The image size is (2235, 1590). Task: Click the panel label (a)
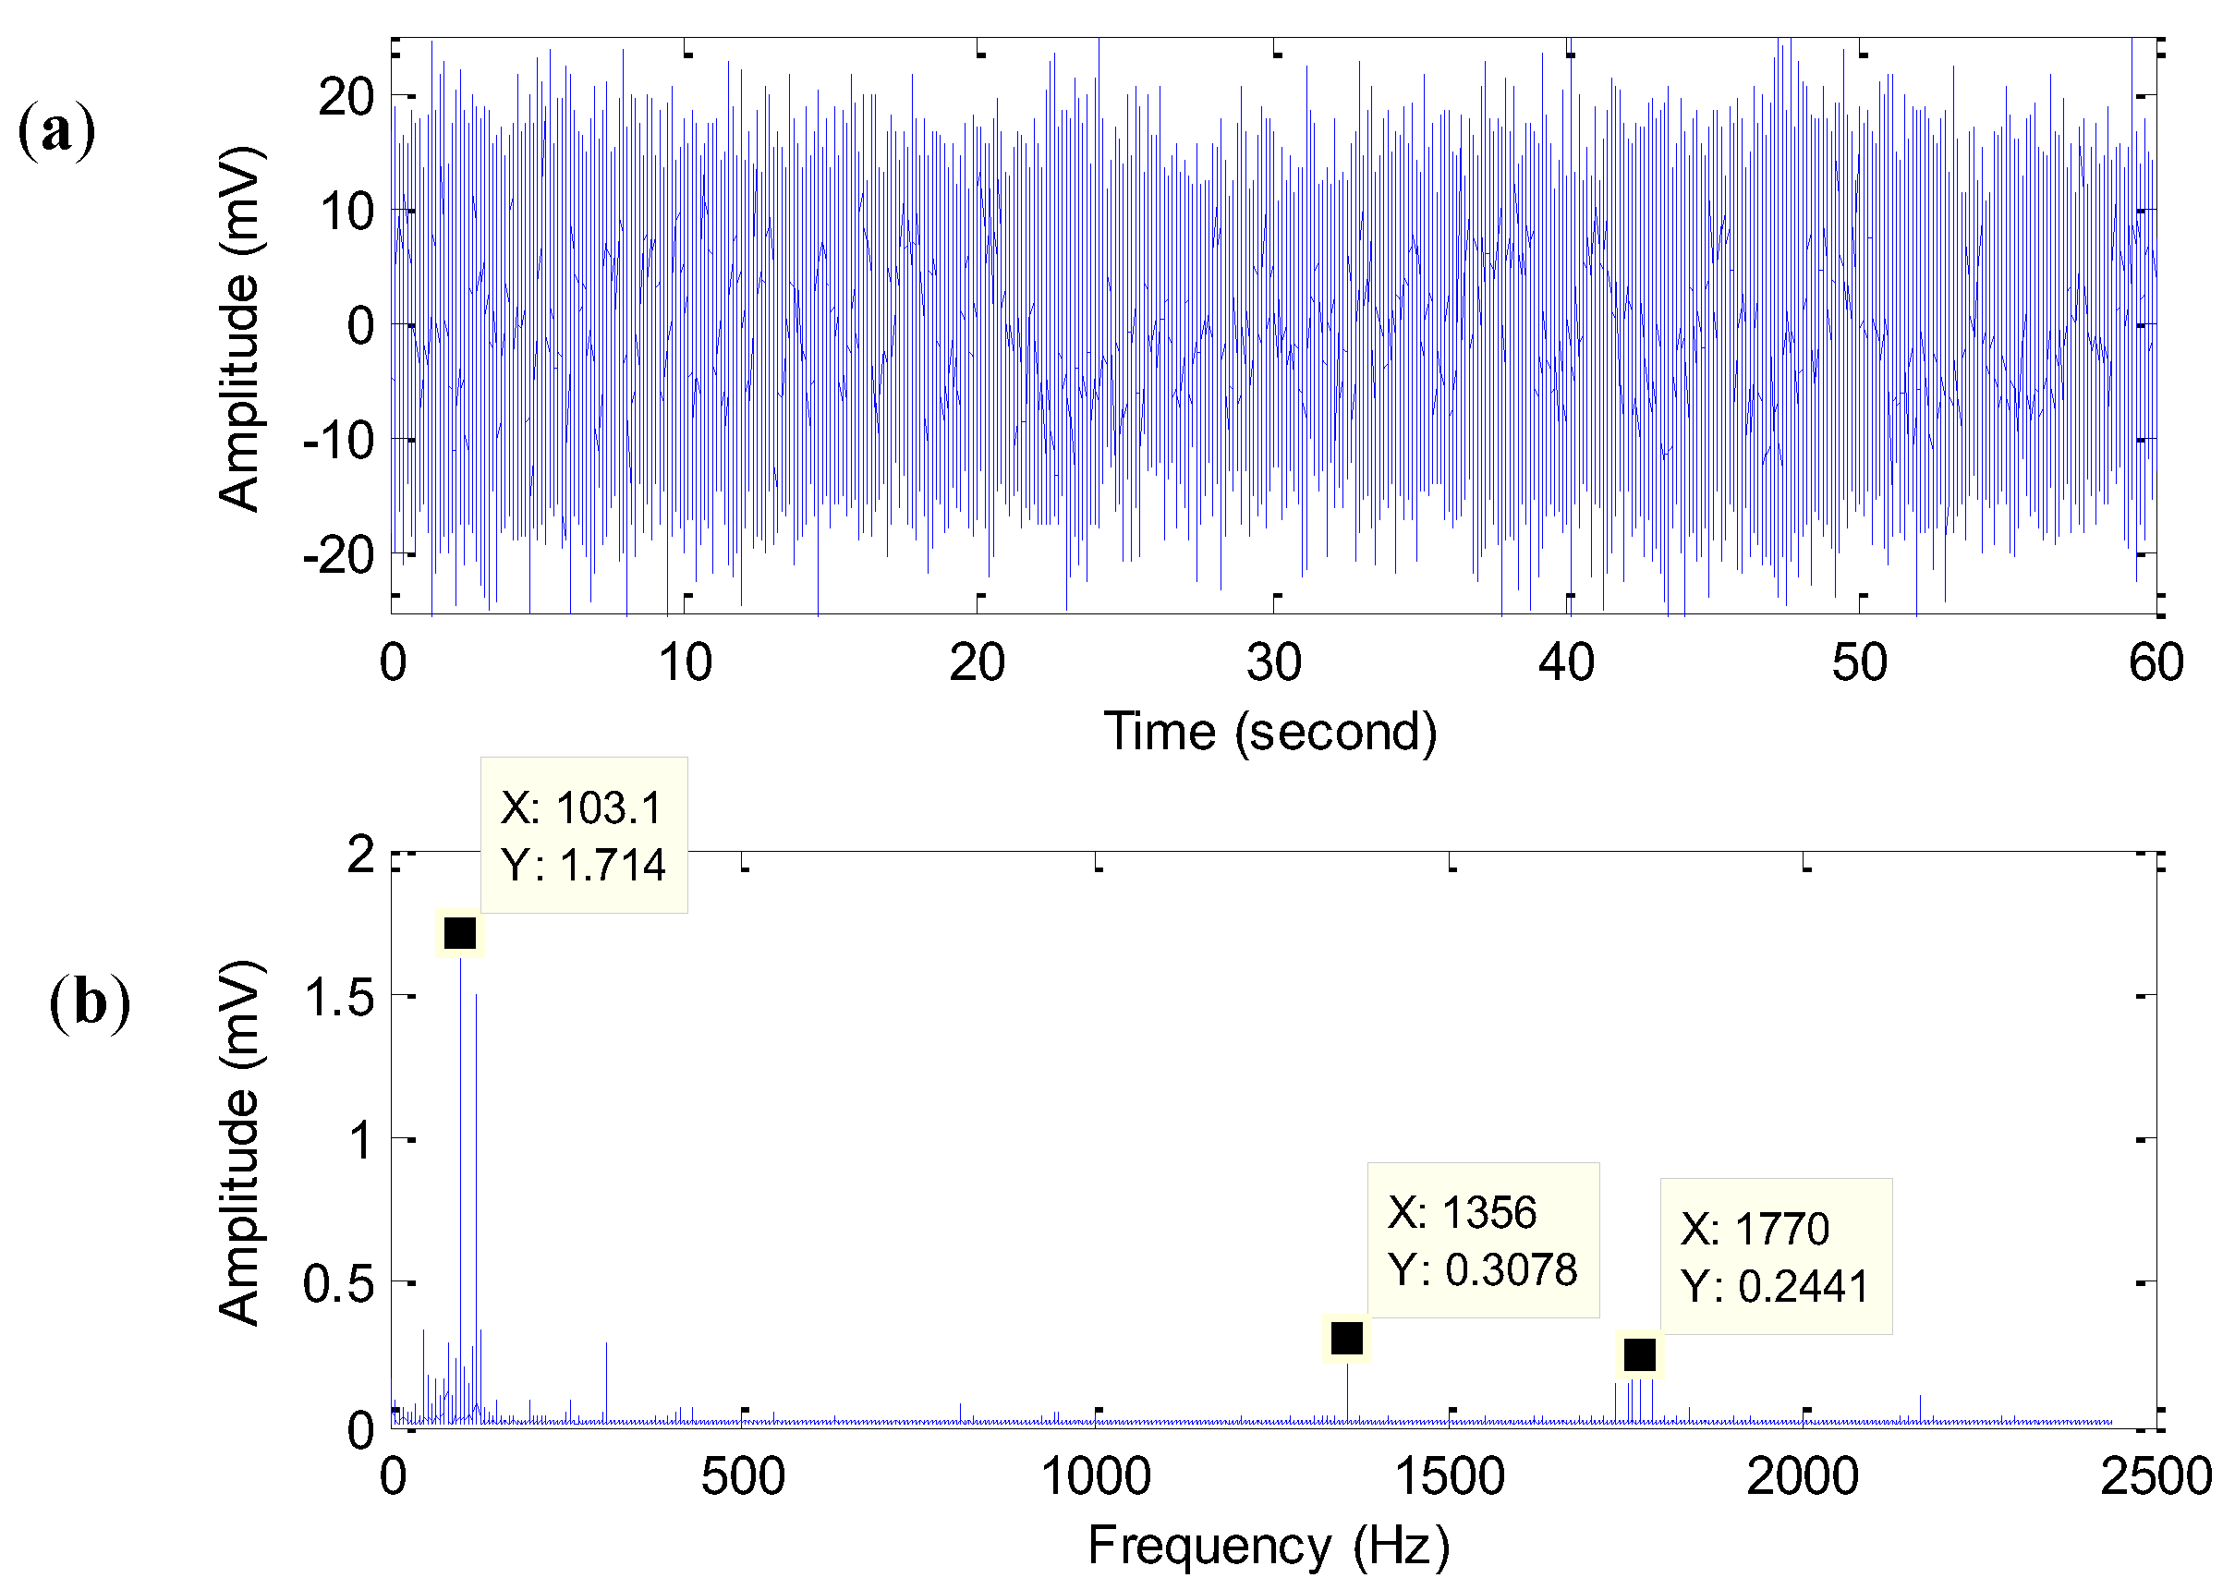coord(56,131)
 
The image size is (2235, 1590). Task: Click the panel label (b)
coord(89,1003)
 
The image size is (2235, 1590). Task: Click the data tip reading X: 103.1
coord(584,835)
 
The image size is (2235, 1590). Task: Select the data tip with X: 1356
coord(1482,1241)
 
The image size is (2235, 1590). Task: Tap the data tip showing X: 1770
coord(1775,1256)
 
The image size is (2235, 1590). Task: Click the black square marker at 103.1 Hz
coord(460,933)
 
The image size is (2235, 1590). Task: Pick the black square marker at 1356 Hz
coord(1346,1338)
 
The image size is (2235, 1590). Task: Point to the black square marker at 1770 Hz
coord(1639,1355)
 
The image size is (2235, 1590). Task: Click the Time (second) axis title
coord(1269,732)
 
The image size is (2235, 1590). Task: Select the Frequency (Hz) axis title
coord(1268,1546)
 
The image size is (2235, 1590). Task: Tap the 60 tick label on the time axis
coord(2155,662)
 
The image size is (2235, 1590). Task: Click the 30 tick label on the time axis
coord(1272,662)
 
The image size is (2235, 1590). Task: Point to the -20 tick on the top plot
coord(339,556)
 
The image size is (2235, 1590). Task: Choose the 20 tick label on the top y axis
coord(346,98)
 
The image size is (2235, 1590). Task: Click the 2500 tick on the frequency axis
coord(2155,1476)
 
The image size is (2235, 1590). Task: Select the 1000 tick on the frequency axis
coord(1096,1476)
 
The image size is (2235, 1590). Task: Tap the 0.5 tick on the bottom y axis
coord(339,1283)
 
